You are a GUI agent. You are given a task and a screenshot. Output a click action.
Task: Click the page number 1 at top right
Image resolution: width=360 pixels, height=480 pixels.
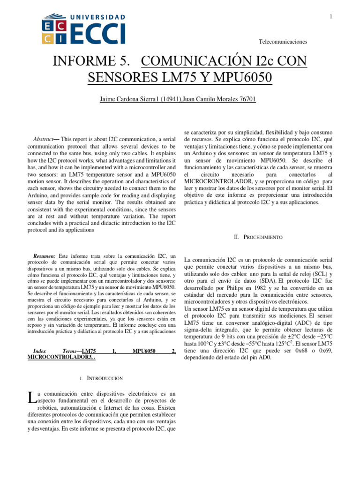click(331, 17)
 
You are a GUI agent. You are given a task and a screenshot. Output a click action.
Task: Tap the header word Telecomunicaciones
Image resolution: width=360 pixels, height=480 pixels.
click(283, 42)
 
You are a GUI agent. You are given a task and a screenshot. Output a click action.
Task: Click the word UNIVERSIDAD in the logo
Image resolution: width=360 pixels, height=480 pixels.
click(98, 17)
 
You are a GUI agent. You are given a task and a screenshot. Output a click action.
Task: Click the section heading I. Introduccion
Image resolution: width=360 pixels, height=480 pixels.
click(102, 378)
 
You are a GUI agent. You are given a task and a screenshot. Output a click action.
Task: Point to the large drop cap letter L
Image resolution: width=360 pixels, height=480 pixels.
click(31, 398)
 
